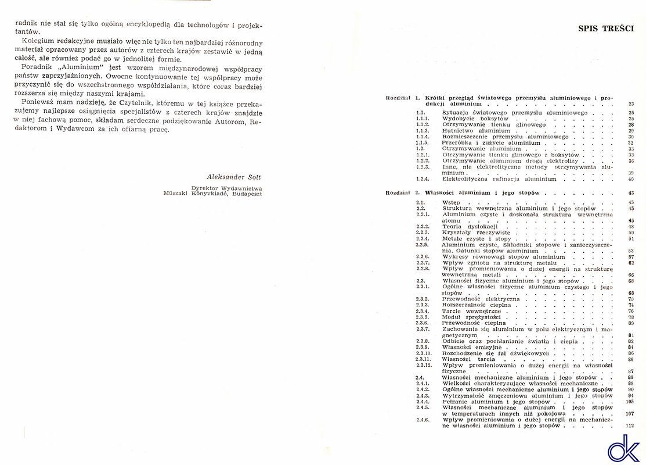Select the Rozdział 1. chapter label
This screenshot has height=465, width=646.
point(402,98)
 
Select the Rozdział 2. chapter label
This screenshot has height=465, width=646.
point(402,192)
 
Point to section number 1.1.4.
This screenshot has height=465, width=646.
point(423,137)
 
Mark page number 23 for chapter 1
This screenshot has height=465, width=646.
point(631,103)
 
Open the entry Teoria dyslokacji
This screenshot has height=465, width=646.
point(462,227)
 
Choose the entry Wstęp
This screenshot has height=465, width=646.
point(451,202)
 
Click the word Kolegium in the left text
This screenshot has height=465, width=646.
point(39,42)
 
